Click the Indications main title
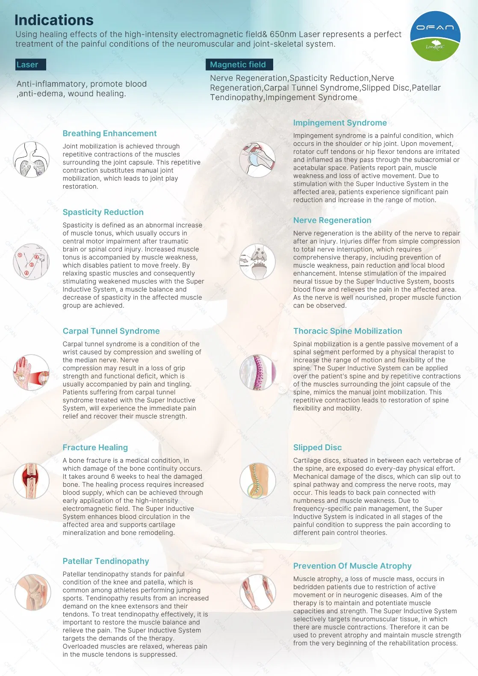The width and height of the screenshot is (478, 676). tap(54, 20)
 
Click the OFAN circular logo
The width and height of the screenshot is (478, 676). tap(435, 36)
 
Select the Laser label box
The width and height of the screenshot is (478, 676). tap(30, 65)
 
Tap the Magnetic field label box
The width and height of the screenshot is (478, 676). tap(239, 65)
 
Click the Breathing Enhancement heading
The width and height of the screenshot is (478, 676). tap(109, 133)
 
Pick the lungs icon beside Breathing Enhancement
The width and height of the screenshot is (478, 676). tap(31, 159)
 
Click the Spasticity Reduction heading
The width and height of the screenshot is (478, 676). tap(103, 212)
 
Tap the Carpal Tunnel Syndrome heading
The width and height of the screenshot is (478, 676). tap(111, 331)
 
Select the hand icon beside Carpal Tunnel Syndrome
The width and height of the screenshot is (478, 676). tap(31, 372)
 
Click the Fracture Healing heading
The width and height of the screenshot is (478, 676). tap(95, 447)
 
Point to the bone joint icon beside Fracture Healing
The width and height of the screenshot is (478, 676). tap(31, 481)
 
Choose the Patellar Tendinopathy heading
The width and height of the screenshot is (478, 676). tap(106, 561)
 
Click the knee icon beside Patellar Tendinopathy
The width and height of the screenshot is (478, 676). tap(32, 592)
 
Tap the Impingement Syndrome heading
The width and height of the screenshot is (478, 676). tap(340, 123)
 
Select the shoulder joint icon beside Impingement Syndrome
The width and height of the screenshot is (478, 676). tap(257, 159)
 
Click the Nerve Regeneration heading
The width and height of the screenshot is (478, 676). tap(332, 220)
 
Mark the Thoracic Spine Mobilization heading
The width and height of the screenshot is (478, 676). tap(348, 331)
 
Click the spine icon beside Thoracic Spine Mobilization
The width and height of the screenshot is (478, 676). tap(257, 372)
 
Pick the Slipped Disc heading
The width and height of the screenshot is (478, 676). tap(317, 447)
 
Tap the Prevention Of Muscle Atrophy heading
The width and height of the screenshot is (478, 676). tap(352, 566)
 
